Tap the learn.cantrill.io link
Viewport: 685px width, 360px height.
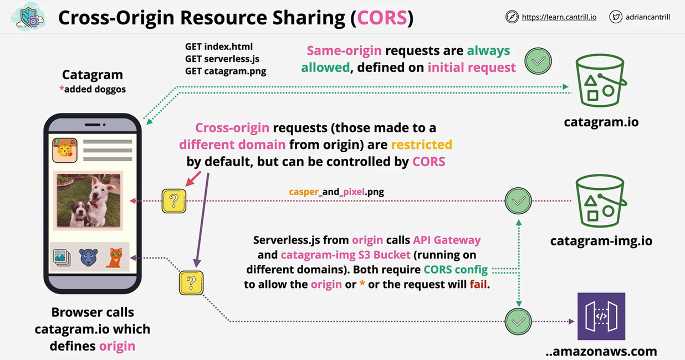click(559, 17)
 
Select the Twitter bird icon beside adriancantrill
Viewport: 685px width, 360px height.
click(615, 17)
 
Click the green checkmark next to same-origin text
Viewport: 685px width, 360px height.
click(538, 61)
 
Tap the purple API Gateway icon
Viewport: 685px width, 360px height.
click(601, 316)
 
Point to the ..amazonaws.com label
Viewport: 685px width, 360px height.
click(601, 351)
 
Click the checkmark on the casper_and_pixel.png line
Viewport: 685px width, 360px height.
click(518, 201)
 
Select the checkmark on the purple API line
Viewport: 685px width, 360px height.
click(518, 321)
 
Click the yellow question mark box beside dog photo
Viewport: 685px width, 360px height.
click(173, 201)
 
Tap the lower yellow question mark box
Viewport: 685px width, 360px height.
click(191, 282)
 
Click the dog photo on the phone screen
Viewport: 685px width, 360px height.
click(89, 200)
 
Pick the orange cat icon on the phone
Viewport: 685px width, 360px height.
click(114, 258)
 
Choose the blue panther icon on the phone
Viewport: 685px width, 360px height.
click(88, 258)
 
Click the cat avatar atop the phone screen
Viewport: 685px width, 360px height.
click(65, 150)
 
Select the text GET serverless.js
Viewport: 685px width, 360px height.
click(222, 59)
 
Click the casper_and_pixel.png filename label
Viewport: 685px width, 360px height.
click(336, 192)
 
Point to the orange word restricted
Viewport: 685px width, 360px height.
click(421, 145)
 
